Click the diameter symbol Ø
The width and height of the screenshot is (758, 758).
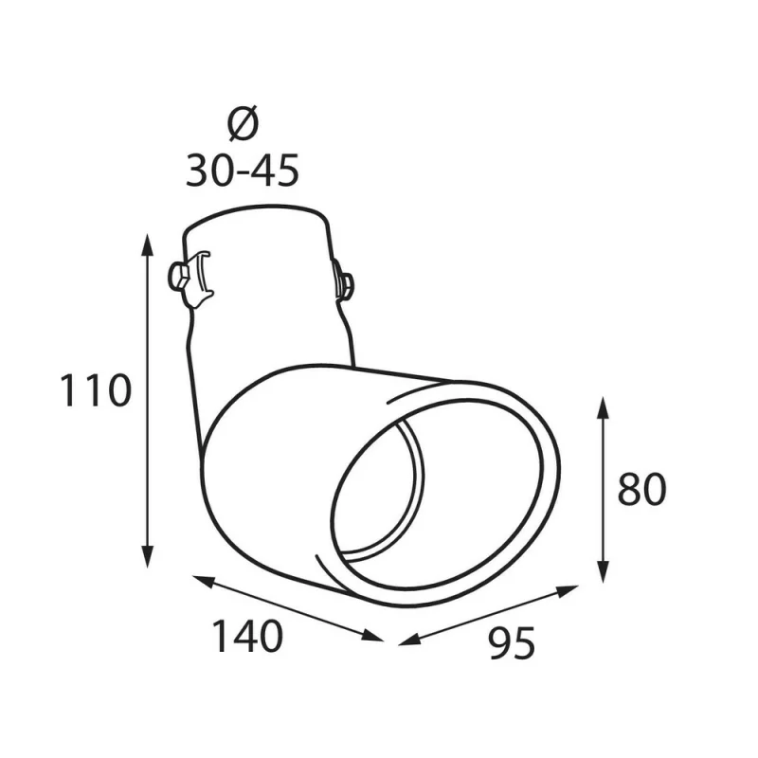coord(243,124)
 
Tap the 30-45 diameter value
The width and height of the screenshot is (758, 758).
coord(243,171)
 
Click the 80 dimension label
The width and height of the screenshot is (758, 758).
coord(641,490)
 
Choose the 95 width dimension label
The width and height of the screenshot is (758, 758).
coord(513,643)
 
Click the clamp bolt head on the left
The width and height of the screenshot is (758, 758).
coord(176,276)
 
